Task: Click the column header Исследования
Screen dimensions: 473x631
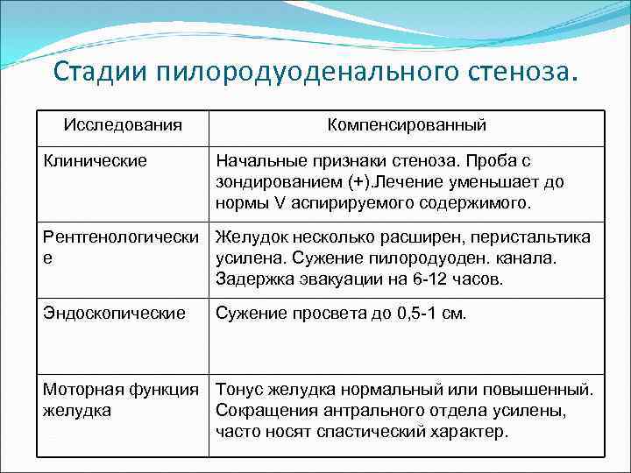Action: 123,124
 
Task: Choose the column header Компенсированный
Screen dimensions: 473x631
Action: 407,124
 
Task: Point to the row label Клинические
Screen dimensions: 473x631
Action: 96,161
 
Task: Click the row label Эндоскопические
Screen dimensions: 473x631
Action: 115,313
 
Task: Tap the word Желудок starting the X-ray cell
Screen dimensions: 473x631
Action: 250,237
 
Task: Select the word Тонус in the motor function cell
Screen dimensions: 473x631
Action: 239,389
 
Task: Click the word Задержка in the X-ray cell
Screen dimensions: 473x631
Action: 255,279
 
